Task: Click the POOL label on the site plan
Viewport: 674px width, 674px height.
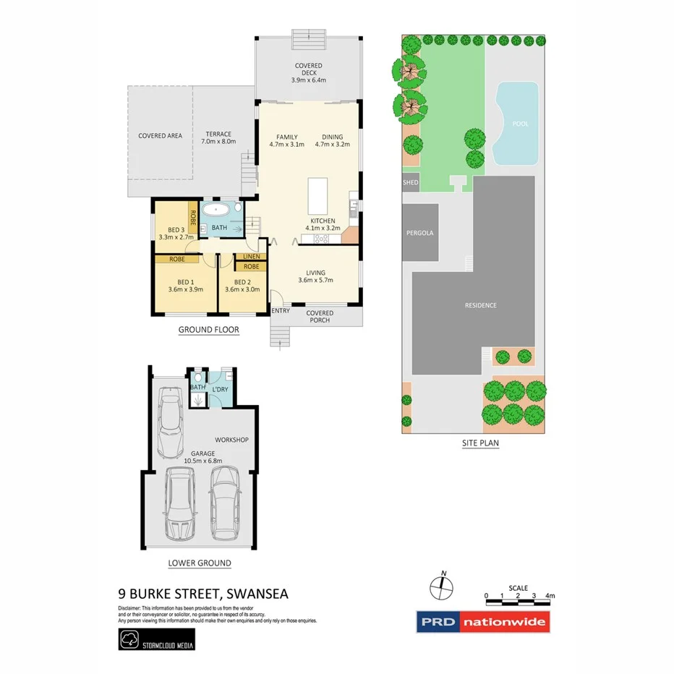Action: tap(520, 124)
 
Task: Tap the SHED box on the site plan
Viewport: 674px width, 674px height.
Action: tap(410, 183)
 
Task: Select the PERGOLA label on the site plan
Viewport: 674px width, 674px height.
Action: tap(420, 233)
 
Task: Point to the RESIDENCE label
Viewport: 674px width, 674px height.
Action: tap(480, 305)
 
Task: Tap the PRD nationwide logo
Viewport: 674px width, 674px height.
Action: tap(482, 622)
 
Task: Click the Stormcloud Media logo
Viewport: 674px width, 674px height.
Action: tap(156, 639)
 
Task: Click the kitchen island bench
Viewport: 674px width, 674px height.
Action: tap(317, 196)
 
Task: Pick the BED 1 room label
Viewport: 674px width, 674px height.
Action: tap(185, 282)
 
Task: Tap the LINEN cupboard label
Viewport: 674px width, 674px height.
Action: tap(251, 256)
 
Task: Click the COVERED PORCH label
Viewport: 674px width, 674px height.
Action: tap(320, 317)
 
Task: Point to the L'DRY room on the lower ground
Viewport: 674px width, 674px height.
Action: tap(220, 390)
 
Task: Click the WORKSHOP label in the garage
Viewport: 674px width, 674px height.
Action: tap(231, 440)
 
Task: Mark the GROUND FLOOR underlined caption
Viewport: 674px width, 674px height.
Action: tap(208, 330)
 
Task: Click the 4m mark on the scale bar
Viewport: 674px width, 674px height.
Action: tap(550, 597)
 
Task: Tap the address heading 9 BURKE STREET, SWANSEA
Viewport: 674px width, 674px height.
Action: tap(203, 594)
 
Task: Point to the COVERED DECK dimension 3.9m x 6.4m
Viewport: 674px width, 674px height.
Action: tap(308, 80)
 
